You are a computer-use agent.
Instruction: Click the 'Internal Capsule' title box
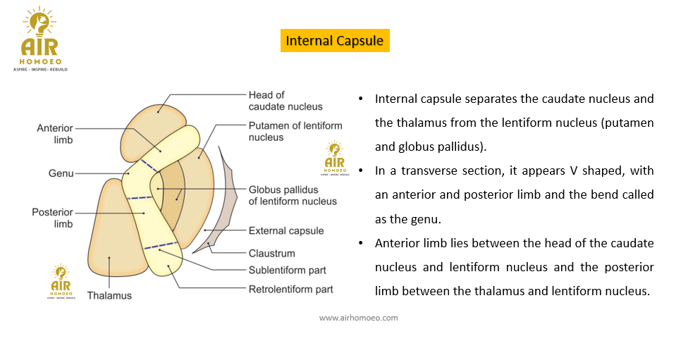[335, 41]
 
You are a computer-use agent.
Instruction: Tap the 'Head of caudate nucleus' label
[285, 101]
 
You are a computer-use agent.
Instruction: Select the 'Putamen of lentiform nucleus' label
[295, 131]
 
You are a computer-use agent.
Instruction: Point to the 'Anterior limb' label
[55, 134]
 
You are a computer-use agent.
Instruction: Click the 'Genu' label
[61, 173]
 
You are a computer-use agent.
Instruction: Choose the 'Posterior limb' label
[52, 218]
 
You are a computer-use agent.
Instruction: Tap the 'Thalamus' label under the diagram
[109, 295]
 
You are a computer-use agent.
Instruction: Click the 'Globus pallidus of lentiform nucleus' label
[293, 195]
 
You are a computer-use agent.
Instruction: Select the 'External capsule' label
[286, 230]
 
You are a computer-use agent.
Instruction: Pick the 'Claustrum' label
[271, 253]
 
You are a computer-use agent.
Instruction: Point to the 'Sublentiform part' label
[288, 271]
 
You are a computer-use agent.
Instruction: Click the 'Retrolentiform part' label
[290, 289]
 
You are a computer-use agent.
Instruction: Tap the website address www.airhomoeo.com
[358, 318]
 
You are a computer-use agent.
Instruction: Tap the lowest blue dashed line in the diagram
[161, 246]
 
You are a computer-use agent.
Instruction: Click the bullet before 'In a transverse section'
[361, 171]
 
